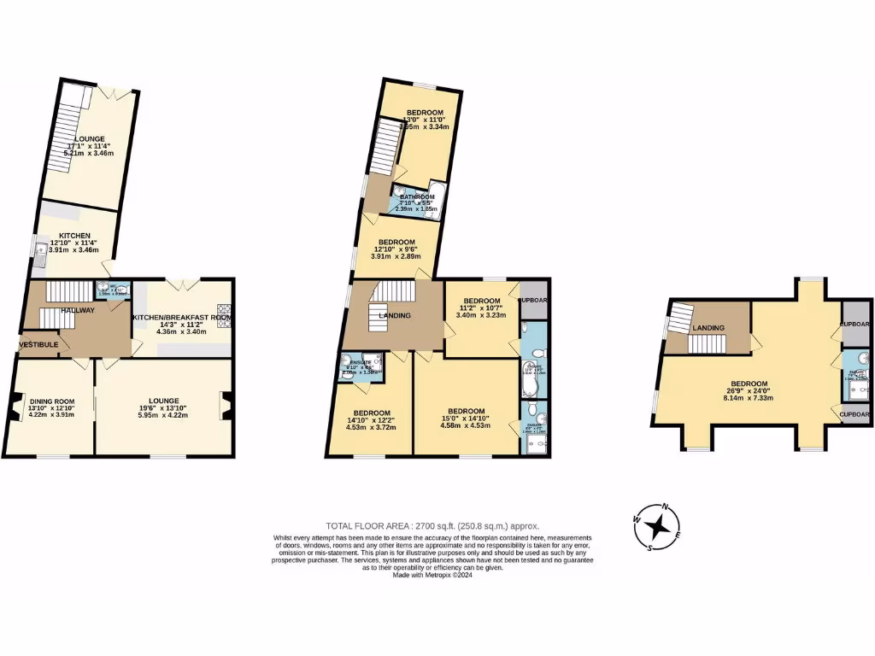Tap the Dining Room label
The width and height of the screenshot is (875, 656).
[x=52, y=401]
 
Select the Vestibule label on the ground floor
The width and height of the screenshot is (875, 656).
[x=38, y=344]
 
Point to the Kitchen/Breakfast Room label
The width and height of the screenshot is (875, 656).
[x=181, y=318]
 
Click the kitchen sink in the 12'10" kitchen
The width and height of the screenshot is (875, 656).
[x=41, y=251]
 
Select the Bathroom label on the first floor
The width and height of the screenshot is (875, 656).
[x=417, y=196]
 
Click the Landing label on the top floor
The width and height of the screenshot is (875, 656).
[x=708, y=328]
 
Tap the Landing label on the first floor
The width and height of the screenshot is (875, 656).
[x=394, y=316]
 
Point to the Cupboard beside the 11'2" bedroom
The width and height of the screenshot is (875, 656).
[x=533, y=302]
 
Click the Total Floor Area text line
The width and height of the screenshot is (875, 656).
[x=432, y=526]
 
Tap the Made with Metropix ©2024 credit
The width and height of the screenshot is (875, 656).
[x=432, y=575]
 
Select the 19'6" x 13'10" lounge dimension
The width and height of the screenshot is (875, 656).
[x=162, y=408]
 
